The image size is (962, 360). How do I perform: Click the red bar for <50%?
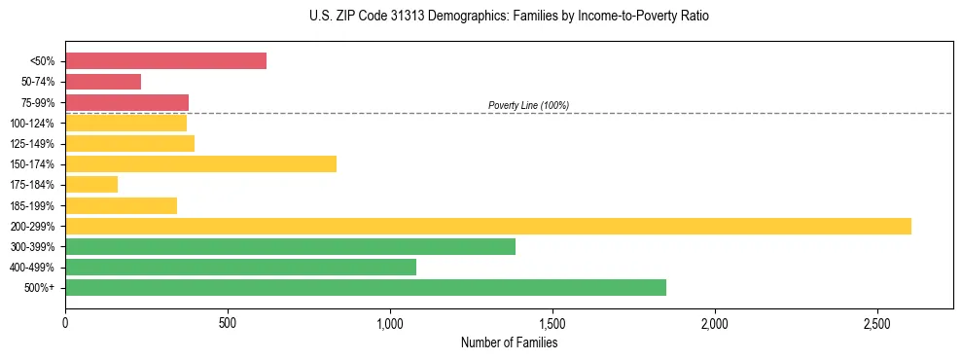point(165,61)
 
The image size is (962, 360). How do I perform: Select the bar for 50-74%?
point(103,82)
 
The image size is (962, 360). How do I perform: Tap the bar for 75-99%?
point(126,102)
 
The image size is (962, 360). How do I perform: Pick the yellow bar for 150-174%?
point(200,164)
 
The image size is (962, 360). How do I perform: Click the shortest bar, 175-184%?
point(91,185)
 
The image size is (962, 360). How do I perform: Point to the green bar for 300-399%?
point(290,247)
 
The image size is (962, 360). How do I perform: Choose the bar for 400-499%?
point(240,268)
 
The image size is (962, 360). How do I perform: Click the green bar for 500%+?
point(366,288)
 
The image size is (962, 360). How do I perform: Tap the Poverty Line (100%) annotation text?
point(528,105)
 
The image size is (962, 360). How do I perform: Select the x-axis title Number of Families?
point(509,342)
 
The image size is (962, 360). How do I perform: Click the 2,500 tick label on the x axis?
point(876,322)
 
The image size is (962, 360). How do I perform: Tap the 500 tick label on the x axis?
point(228,322)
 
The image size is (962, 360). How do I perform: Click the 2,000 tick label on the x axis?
point(714,322)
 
